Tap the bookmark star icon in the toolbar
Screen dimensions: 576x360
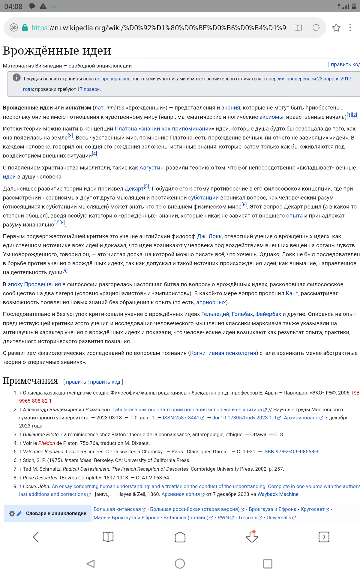tap(336, 28)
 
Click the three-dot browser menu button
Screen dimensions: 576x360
tap(350, 28)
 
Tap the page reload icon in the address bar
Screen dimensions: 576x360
tap(316, 28)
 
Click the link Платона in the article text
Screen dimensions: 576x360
tap(126, 129)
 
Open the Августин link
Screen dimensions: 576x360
tap(151, 168)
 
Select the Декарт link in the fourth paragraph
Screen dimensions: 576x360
tap(134, 189)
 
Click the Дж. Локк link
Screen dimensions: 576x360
tap(209, 236)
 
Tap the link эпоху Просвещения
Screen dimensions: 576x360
tap(34, 284)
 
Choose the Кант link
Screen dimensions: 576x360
tap(292, 293)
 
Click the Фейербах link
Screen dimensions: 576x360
tap(268, 314)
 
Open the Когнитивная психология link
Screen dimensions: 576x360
tap(223, 353)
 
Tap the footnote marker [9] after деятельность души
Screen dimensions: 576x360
tap(65, 271)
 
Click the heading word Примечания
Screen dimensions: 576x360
tap(30, 381)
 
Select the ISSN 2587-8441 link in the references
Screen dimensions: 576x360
tap(181, 418)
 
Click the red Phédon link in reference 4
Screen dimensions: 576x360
tap(46, 443)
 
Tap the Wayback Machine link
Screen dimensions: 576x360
tap(278, 494)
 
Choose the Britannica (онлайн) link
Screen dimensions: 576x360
tap(186, 517)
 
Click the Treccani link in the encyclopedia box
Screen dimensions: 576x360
tap(248, 517)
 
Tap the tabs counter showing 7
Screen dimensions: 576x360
tap(324, 537)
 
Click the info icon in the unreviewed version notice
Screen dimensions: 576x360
tap(16, 77)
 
